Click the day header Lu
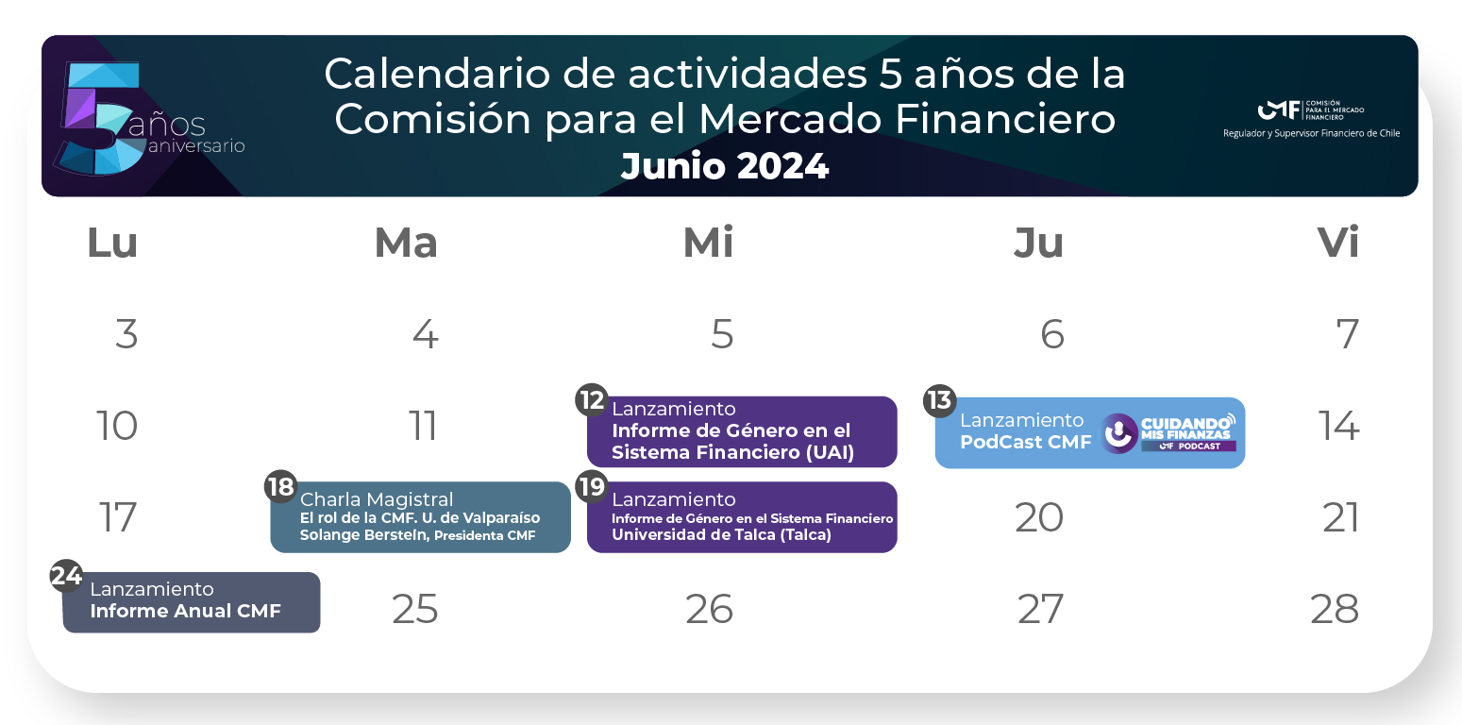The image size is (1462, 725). (112, 243)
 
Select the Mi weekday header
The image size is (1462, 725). (708, 243)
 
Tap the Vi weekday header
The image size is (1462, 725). (1338, 243)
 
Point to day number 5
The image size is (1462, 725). (722, 334)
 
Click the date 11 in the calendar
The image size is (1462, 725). (422, 426)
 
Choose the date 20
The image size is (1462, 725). (1039, 517)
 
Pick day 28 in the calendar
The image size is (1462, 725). (1335, 609)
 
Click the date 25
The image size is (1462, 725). (415, 609)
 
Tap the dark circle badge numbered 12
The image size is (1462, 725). (592, 400)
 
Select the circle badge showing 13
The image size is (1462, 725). (939, 400)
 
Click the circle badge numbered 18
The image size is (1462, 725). (280, 487)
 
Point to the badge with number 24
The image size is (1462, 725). (67, 576)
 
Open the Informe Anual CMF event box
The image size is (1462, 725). (192, 602)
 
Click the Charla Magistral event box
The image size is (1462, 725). (421, 516)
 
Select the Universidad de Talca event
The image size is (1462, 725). (742, 516)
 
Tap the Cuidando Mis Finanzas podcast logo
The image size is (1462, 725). (1168, 433)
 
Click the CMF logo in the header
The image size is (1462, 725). (1311, 110)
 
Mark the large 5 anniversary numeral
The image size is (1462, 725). (98, 119)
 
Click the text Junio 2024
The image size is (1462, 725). (725, 166)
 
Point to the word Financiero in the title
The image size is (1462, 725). (1005, 119)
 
